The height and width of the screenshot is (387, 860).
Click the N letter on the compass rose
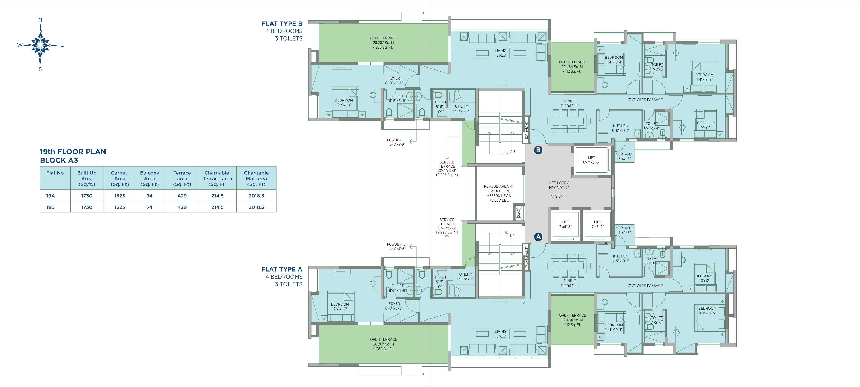tap(40, 20)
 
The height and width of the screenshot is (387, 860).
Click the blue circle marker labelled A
tap(538, 237)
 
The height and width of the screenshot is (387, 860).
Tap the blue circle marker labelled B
tap(538, 150)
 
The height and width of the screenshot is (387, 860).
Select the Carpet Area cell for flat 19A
tap(120, 196)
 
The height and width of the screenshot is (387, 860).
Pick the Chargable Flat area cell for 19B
tap(256, 207)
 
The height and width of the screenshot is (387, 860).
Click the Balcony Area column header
tap(150, 178)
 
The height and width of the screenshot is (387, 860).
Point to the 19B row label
tap(50, 207)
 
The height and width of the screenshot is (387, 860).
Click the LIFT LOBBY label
tap(559, 183)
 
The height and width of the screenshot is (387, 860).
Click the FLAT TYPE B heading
tap(282, 23)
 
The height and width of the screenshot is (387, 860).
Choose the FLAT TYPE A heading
tap(282, 269)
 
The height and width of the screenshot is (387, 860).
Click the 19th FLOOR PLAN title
tap(73, 152)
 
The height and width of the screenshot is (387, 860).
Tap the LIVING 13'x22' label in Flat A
tap(501, 334)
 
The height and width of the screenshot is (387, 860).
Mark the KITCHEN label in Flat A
tap(620, 256)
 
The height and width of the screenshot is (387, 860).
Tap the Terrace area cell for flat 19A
tap(182, 196)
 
